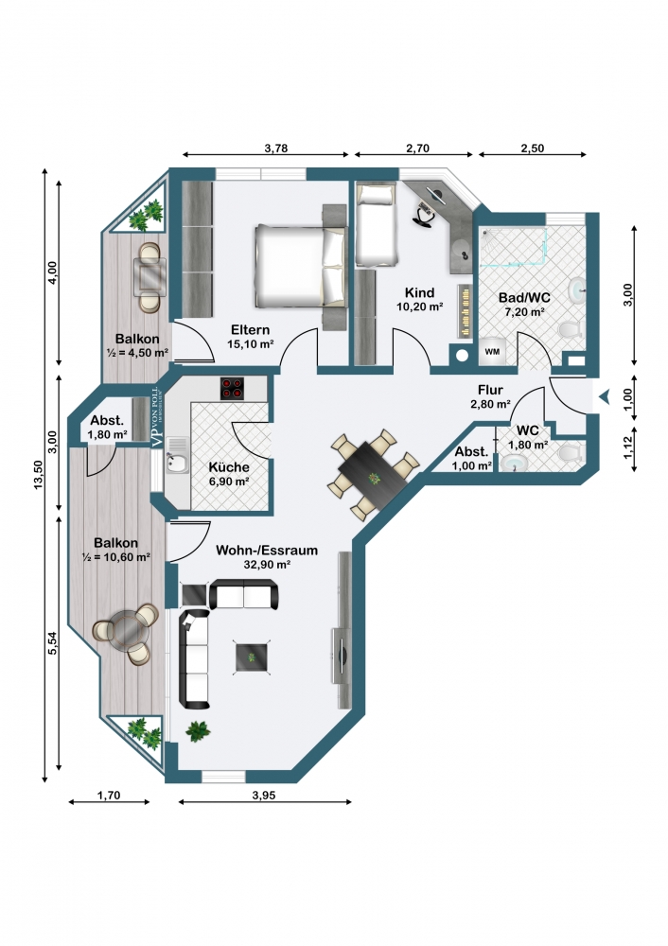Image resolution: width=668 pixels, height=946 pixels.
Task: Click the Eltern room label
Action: pos(250,330)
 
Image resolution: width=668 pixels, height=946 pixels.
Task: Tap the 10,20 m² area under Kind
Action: pos(419,307)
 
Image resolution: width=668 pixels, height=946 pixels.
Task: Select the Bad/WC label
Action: pos(524,298)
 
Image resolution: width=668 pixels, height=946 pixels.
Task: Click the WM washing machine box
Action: pos(492,351)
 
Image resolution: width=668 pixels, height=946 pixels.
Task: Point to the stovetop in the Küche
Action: pos(233,389)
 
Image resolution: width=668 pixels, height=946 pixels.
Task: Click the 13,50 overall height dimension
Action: pos(39,474)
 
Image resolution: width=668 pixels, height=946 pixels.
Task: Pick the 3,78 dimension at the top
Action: pos(275,149)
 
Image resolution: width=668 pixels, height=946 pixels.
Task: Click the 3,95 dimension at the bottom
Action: pos(264,796)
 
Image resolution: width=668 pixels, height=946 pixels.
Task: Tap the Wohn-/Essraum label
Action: pos(267,551)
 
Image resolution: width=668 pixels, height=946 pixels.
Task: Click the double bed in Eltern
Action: pos(301,266)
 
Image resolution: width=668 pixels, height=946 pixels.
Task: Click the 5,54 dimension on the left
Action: pos(52,643)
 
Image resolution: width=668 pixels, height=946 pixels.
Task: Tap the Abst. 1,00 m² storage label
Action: pos(471,459)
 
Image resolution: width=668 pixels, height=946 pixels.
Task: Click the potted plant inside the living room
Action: pos(198,731)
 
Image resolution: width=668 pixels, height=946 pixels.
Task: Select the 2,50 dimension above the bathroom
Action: pos(533,149)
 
